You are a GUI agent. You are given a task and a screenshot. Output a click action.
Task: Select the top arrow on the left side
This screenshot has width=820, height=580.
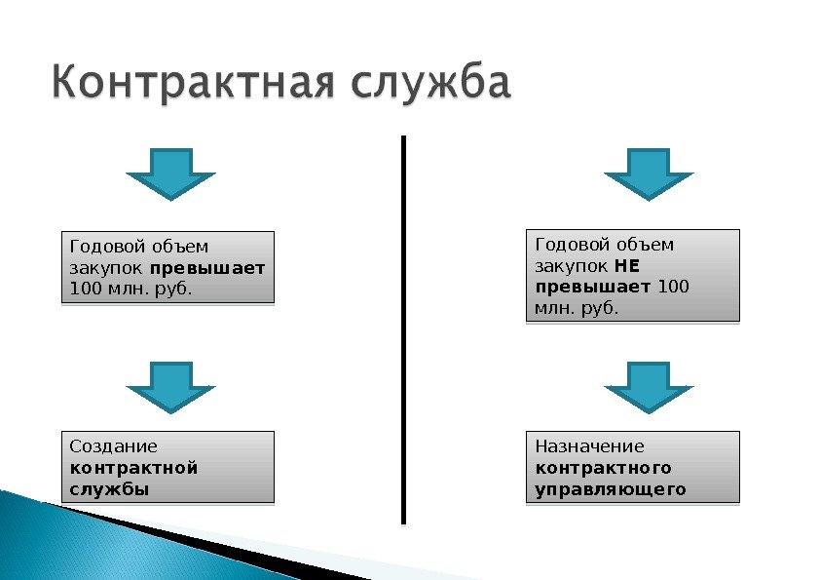pos(170,173)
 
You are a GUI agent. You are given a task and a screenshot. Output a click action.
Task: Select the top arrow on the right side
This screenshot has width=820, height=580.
pos(649,173)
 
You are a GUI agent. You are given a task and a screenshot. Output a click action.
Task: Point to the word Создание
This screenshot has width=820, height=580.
pos(113,446)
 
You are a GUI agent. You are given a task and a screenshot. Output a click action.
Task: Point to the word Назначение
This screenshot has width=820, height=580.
pos(589,446)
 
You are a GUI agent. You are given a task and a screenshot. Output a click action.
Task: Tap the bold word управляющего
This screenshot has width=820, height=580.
pos(611,489)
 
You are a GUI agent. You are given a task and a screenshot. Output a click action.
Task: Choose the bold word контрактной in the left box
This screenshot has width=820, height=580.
pos(133,468)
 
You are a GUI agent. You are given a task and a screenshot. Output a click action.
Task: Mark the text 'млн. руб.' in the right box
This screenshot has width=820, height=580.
pos(577,309)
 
